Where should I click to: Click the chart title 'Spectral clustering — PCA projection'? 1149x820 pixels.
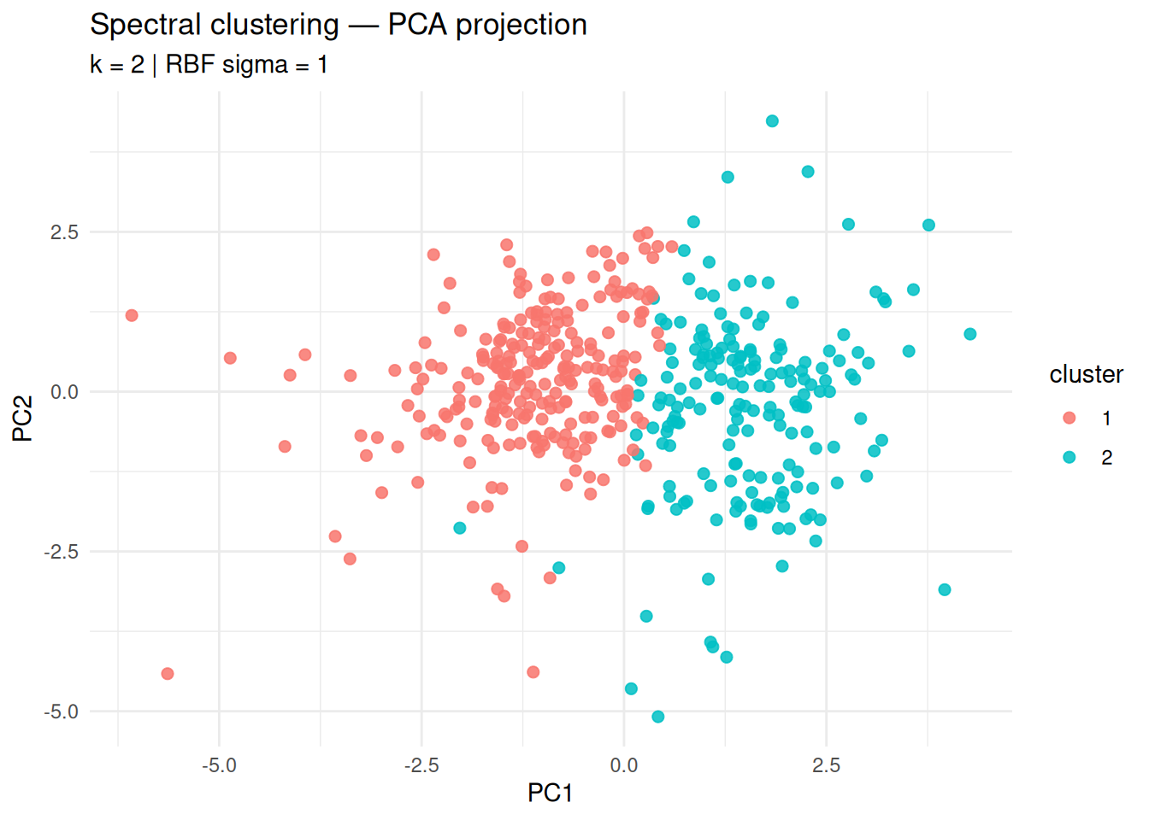pos(339,25)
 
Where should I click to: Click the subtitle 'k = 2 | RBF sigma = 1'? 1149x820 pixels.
pos(209,65)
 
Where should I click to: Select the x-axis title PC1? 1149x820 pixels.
pos(550,793)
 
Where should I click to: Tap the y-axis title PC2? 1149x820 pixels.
pos(23,418)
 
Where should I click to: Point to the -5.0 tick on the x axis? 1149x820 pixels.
pos(219,765)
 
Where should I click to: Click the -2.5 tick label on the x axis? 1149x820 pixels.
pos(421,765)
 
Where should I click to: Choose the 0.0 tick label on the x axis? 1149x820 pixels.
pos(624,765)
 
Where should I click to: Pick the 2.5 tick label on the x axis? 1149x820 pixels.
pos(827,765)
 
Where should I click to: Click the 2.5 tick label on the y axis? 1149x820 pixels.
pos(64,232)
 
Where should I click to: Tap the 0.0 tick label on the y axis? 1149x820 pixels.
pos(64,392)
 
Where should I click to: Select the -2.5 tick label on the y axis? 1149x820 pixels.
pos(62,552)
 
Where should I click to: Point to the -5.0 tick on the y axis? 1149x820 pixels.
pos(62,712)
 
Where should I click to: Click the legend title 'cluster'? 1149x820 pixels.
pos(1086,374)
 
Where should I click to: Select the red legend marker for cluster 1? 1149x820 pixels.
pos(1069,418)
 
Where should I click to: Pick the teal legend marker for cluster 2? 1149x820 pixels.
pos(1069,457)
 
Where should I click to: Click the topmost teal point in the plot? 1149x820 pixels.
pos(772,121)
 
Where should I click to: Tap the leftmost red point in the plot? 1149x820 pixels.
pos(132,315)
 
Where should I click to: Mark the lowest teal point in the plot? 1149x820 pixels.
pos(657,717)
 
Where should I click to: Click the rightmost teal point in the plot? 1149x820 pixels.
pos(969,334)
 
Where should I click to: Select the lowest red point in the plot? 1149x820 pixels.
pos(168,674)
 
